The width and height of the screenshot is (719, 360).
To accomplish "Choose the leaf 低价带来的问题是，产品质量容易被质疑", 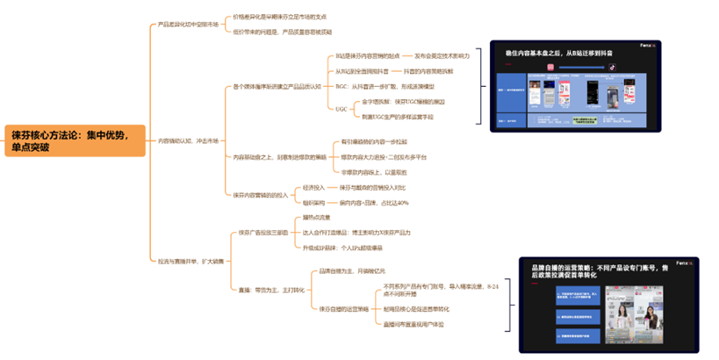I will click(283, 32).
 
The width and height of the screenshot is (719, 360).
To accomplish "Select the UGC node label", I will click(341, 109).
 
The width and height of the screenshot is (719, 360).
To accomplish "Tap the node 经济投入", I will click(313, 187).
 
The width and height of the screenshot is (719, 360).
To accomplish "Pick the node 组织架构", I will click(313, 203).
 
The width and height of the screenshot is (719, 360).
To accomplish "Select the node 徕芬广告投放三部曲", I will click(263, 233).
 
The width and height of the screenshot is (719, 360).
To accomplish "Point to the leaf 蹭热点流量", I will click(318, 217).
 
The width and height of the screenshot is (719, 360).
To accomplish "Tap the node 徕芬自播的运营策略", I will click(343, 308).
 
